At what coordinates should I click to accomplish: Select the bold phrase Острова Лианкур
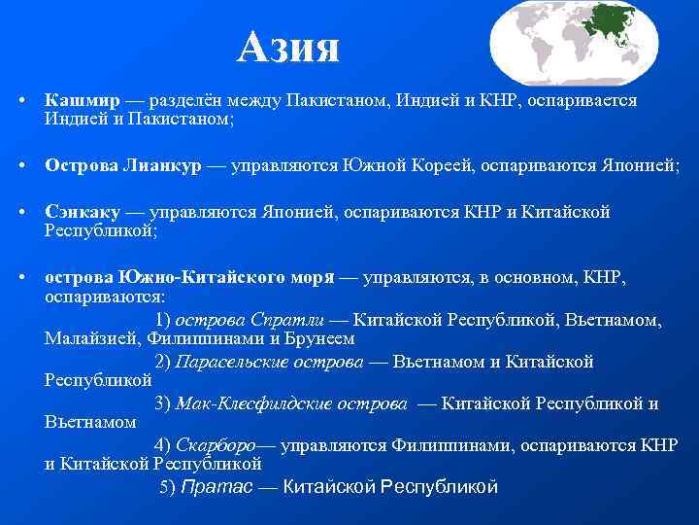pyautogui.click(x=123, y=166)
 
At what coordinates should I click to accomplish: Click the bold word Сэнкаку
pyautogui.click(x=84, y=212)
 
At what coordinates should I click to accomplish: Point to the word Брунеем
pyautogui.click(x=322, y=339)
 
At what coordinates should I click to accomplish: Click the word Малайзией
pyautogui.click(x=94, y=339)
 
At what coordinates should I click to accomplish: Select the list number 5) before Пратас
pyautogui.click(x=168, y=487)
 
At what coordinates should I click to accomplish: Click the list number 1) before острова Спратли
pyautogui.click(x=162, y=319)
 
